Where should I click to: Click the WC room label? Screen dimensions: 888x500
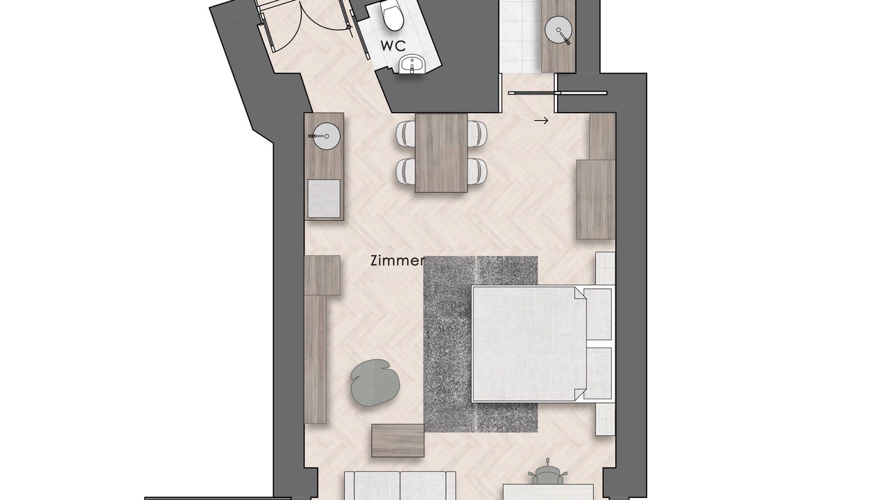(393, 46)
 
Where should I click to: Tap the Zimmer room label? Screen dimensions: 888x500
(398, 260)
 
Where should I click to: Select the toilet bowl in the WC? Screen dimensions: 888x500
(393, 16)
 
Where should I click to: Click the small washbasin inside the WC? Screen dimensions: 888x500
(412, 65)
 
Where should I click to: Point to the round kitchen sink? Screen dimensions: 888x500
(326, 136)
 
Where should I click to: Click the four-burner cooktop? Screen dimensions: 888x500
(324, 199)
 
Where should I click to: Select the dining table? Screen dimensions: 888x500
(441, 153)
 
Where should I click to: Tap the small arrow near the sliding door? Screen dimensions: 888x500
(541, 121)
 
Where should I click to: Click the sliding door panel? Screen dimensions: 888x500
(557, 93)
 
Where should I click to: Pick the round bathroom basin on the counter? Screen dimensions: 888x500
(558, 29)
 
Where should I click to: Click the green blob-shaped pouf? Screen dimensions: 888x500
(375, 383)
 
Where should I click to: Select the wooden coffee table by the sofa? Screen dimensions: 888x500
(398, 440)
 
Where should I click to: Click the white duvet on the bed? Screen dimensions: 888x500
(529, 344)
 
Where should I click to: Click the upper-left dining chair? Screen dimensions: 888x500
(406, 133)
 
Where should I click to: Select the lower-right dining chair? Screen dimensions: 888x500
(477, 171)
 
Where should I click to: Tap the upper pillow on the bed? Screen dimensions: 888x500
(597, 314)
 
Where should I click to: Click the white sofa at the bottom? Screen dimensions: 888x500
(400, 485)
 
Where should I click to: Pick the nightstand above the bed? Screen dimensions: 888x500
(605, 269)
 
